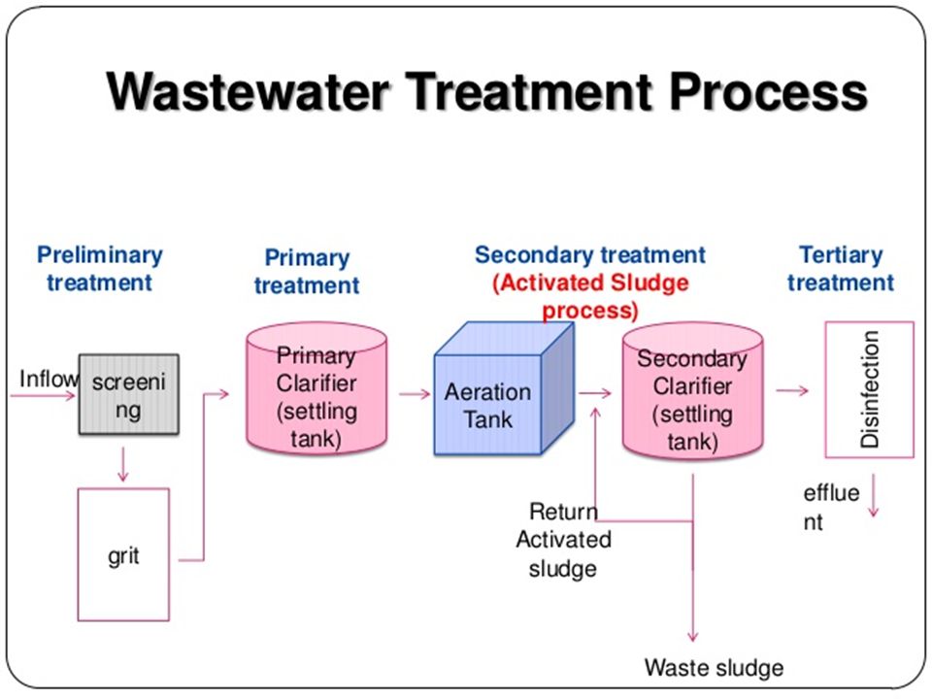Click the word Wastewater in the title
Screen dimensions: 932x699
(248, 91)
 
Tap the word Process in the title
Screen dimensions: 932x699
(768, 91)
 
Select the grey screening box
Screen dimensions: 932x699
(129, 394)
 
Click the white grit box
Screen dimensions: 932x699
(123, 554)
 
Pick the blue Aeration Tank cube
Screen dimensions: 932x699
(504, 388)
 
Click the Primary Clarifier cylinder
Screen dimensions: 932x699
(316, 388)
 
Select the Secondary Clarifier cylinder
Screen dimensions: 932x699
(692, 391)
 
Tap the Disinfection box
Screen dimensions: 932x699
(869, 389)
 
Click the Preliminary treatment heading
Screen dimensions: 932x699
(99, 268)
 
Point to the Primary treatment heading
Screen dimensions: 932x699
(307, 271)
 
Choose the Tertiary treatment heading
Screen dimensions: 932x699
(841, 268)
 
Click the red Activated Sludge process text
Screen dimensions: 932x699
(590, 296)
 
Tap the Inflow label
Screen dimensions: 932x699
(49, 378)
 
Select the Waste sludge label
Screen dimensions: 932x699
(714, 667)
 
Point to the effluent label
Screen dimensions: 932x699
(831, 507)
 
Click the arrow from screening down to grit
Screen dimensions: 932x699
(123, 464)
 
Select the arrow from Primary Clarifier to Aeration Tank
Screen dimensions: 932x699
(415, 393)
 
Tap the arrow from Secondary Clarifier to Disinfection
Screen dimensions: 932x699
(792, 390)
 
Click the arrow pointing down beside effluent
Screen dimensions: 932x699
(873, 495)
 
